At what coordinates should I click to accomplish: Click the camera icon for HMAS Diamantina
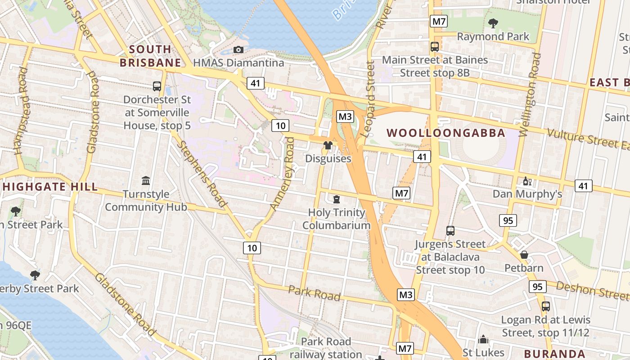(238, 49)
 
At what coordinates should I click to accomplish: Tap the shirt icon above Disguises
(328, 145)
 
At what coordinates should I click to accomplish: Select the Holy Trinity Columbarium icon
(337, 199)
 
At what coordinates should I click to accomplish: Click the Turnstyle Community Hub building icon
(146, 181)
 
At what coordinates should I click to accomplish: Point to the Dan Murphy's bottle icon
(526, 181)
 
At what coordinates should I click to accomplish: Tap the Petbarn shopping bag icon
(524, 255)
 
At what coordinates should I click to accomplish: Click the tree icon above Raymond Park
(493, 23)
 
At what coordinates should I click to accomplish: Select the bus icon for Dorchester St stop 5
(157, 86)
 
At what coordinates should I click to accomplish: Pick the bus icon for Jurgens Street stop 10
(450, 231)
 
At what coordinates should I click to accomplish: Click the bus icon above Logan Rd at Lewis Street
(545, 306)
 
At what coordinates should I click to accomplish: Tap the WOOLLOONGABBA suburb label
(446, 133)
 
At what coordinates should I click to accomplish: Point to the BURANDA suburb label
(554, 354)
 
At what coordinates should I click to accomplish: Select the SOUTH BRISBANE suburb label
(151, 56)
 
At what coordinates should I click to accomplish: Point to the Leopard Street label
(368, 99)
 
